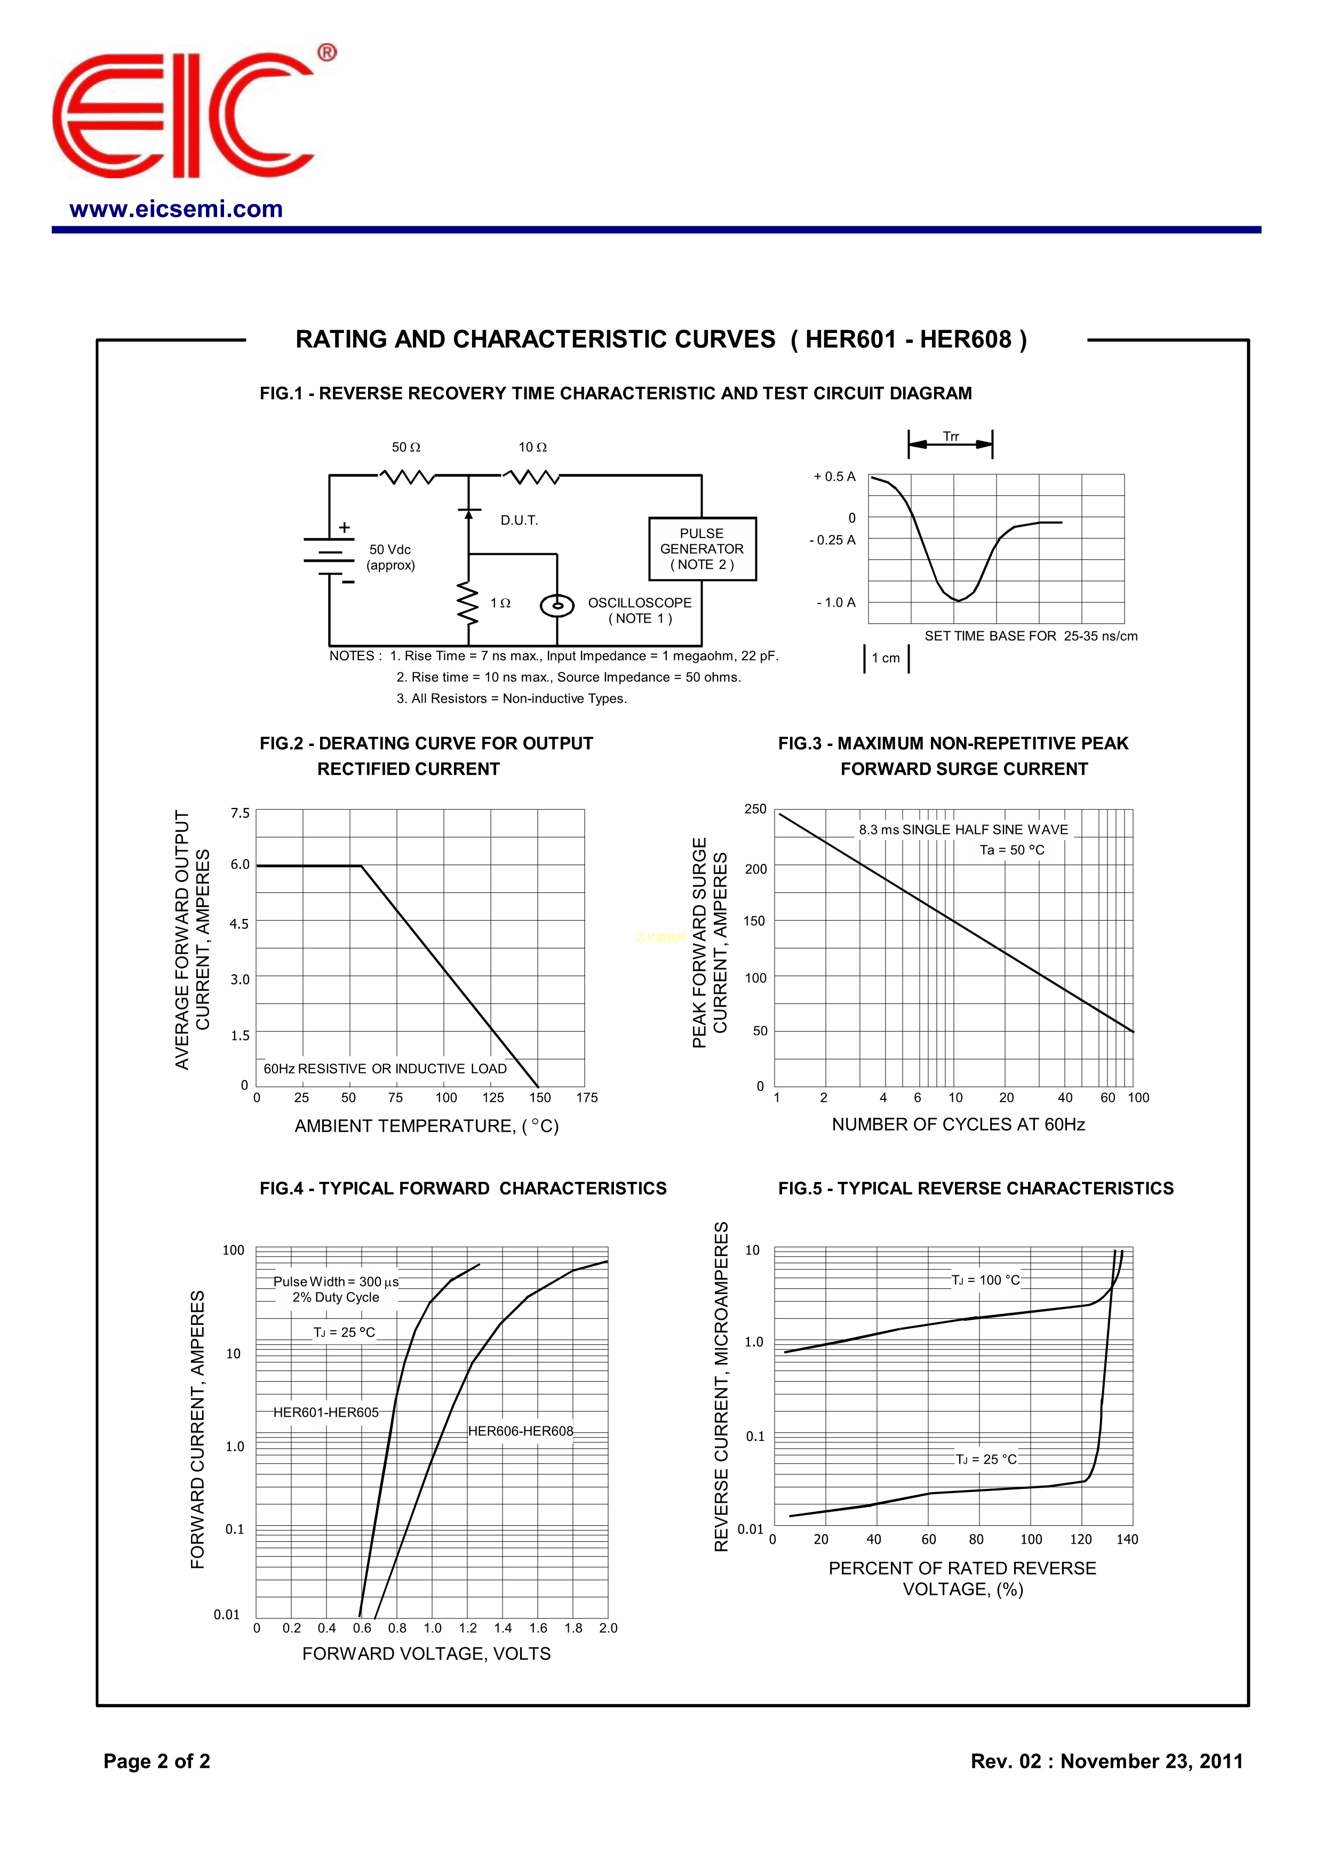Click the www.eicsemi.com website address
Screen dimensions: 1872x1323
tap(176, 210)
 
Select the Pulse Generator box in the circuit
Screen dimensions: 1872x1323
tap(702, 549)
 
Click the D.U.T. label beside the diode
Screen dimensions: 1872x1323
tap(519, 520)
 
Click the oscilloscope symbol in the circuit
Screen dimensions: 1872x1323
tap(557, 605)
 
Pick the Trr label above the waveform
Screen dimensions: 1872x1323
tap(951, 436)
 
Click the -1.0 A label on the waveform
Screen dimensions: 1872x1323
tap(836, 602)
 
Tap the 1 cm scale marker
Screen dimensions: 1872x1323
tap(886, 658)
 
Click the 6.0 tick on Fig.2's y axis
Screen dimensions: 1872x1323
tap(240, 864)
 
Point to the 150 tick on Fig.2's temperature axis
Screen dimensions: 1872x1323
tap(540, 1098)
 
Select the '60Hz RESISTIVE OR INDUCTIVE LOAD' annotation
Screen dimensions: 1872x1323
tap(385, 1069)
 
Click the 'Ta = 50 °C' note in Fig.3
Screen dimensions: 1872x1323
tap(1011, 851)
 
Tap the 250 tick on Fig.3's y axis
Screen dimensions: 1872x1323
tap(755, 809)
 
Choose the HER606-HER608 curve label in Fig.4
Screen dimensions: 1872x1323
tap(521, 1431)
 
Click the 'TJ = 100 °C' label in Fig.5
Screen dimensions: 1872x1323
tap(985, 1280)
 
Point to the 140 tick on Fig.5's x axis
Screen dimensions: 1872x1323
tap(1127, 1540)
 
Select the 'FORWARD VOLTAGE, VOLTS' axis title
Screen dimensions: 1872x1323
tap(426, 1654)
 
